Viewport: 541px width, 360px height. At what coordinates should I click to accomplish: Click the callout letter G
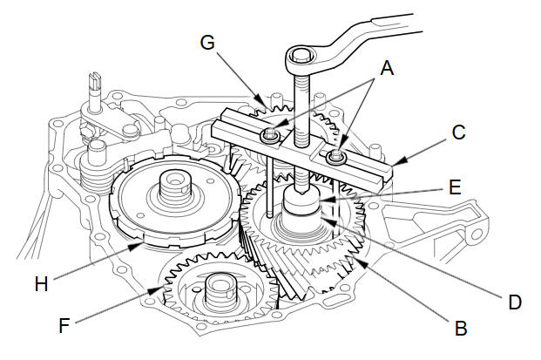click(x=207, y=43)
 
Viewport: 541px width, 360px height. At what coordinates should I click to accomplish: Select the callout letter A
click(x=387, y=68)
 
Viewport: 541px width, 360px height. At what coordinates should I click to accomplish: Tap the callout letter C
click(x=458, y=132)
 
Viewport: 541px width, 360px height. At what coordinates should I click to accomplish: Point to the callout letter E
click(x=455, y=187)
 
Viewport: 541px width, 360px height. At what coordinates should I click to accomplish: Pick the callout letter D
click(x=515, y=302)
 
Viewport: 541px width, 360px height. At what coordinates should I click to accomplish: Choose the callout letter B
click(x=461, y=328)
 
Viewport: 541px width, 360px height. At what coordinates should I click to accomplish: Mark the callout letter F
click(x=64, y=326)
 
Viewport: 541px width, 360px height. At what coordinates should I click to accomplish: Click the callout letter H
click(x=41, y=284)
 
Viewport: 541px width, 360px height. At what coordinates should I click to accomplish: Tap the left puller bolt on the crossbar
click(x=269, y=134)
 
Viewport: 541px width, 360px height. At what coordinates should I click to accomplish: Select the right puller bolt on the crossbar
click(x=335, y=156)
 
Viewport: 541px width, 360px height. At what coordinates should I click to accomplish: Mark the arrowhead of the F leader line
click(x=156, y=290)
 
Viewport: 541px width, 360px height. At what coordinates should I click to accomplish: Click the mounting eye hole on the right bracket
click(x=477, y=234)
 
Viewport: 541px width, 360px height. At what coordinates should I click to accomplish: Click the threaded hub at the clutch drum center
click(x=175, y=188)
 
